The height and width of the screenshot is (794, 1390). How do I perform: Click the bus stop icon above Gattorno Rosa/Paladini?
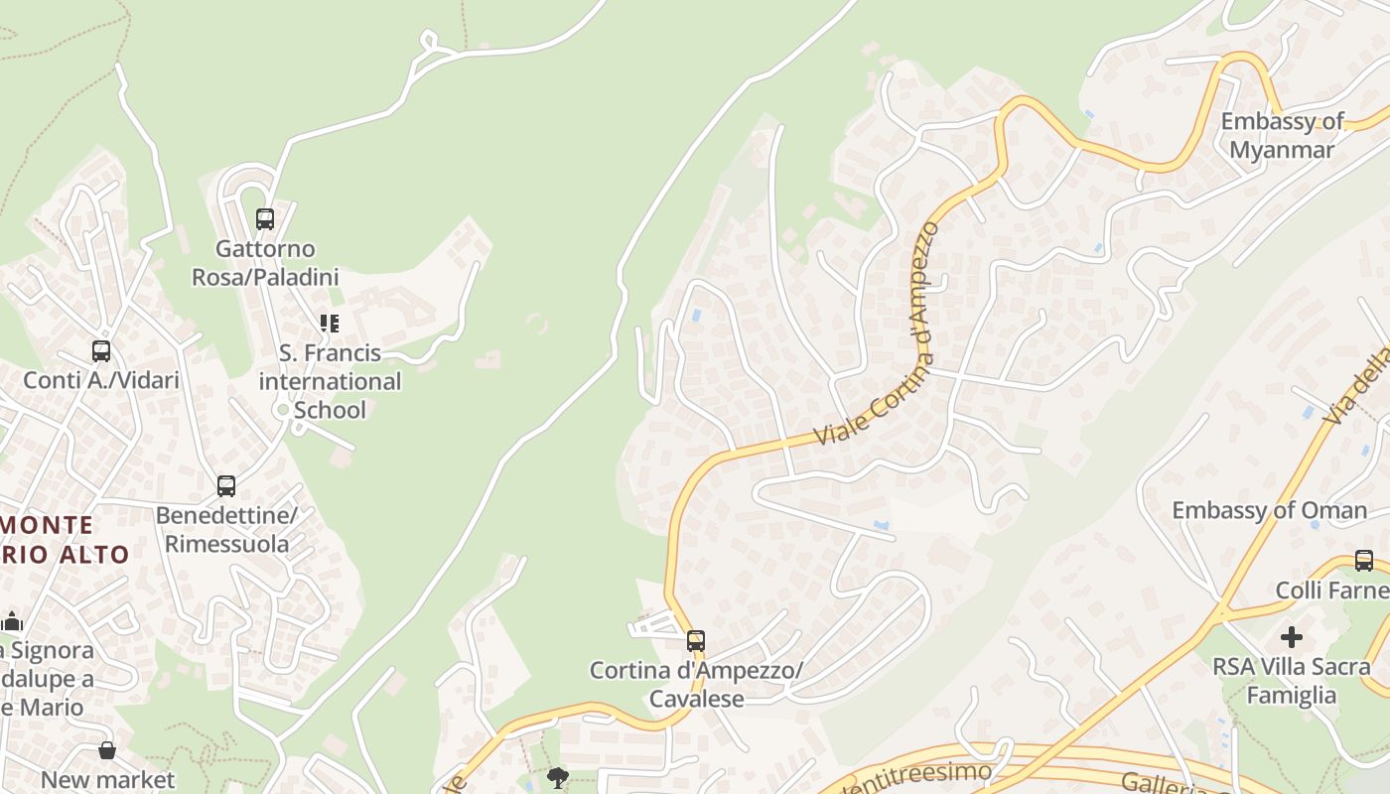coord(265,219)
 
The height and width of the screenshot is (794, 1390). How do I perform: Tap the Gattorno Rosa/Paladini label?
coord(265,263)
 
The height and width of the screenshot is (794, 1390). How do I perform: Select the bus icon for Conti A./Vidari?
coord(101,351)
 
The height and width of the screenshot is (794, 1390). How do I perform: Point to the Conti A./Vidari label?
coord(101,380)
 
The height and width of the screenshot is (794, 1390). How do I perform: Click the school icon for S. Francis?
coord(329,324)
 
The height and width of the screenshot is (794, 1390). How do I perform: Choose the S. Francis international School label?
coord(330,381)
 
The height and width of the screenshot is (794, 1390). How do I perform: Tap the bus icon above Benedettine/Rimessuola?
coord(226,486)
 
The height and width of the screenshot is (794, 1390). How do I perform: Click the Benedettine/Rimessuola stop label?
coord(227,530)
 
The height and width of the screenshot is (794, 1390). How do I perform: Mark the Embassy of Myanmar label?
coord(1282,136)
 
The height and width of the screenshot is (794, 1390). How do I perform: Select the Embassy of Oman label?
coord(1269,511)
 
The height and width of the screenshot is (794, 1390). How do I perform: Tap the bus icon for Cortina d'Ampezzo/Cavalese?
coord(696,641)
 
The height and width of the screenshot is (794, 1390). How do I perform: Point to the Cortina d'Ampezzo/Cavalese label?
coord(696,685)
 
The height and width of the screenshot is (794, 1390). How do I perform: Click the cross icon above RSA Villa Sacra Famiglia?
coord(1292,636)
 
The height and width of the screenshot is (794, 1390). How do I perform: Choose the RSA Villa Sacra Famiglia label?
coord(1292,681)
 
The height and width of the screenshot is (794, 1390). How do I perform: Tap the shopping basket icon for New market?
coord(107,751)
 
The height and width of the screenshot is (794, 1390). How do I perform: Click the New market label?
coord(107,780)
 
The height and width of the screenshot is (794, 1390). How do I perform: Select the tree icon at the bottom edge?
coord(558,777)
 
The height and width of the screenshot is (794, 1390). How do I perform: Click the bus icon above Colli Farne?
coord(1364,561)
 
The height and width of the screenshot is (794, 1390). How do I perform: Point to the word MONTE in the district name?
coord(50,525)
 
